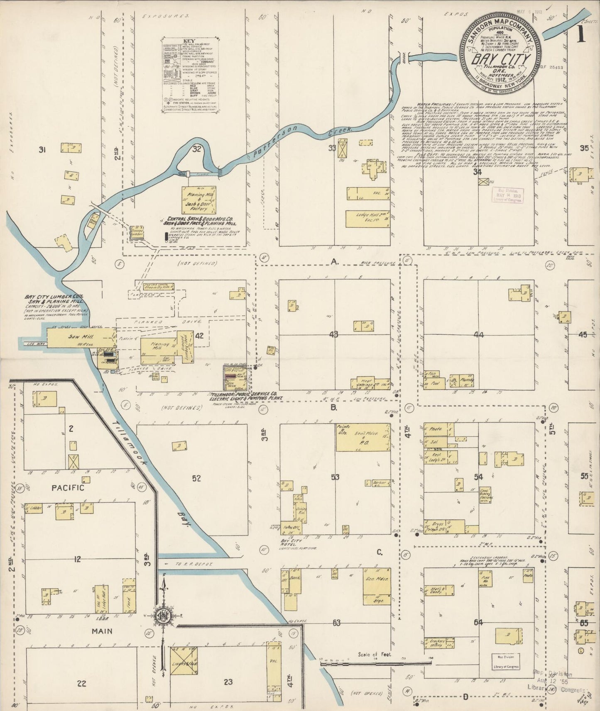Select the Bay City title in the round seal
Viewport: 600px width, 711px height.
(x=503, y=59)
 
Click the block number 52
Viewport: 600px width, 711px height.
(x=196, y=478)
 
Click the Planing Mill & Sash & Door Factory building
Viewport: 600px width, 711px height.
(x=198, y=200)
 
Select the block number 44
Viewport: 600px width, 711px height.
(x=479, y=334)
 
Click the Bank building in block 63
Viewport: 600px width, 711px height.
(x=295, y=582)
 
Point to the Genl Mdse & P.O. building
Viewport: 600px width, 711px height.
(x=362, y=437)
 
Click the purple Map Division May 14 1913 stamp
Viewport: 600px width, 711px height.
(x=507, y=194)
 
